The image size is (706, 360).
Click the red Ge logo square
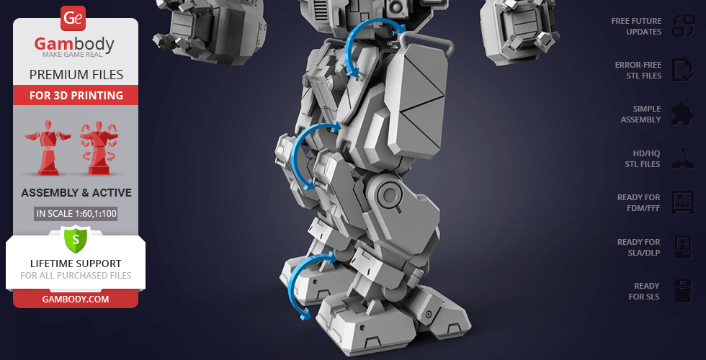[x=73, y=18]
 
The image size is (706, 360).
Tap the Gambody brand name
[x=74, y=44]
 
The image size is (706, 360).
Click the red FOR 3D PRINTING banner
[x=76, y=95]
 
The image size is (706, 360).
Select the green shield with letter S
[x=76, y=239]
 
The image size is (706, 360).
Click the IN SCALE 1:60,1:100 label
[x=76, y=214]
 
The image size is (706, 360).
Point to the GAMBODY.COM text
[x=76, y=300]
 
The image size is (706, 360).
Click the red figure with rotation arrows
[x=99, y=148]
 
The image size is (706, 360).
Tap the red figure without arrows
[x=48, y=148]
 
